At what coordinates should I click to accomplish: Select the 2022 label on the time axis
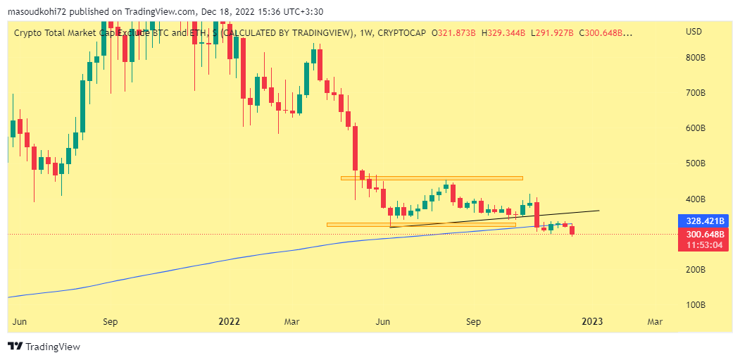tap(230, 322)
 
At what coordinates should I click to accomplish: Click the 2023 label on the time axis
tap(591, 322)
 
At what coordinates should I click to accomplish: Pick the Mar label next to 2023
tap(655, 322)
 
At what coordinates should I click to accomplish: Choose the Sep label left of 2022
tap(110, 322)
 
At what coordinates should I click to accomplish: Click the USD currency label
tap(694, 32)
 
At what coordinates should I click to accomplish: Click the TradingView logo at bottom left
tap(44, 347)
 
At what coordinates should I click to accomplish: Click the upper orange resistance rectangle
tap(432, 178)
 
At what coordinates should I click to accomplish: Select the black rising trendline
tap(493, 218)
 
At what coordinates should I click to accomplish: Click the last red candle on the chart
tap(572, 230)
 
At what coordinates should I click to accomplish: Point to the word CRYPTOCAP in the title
tap(404, 32)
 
